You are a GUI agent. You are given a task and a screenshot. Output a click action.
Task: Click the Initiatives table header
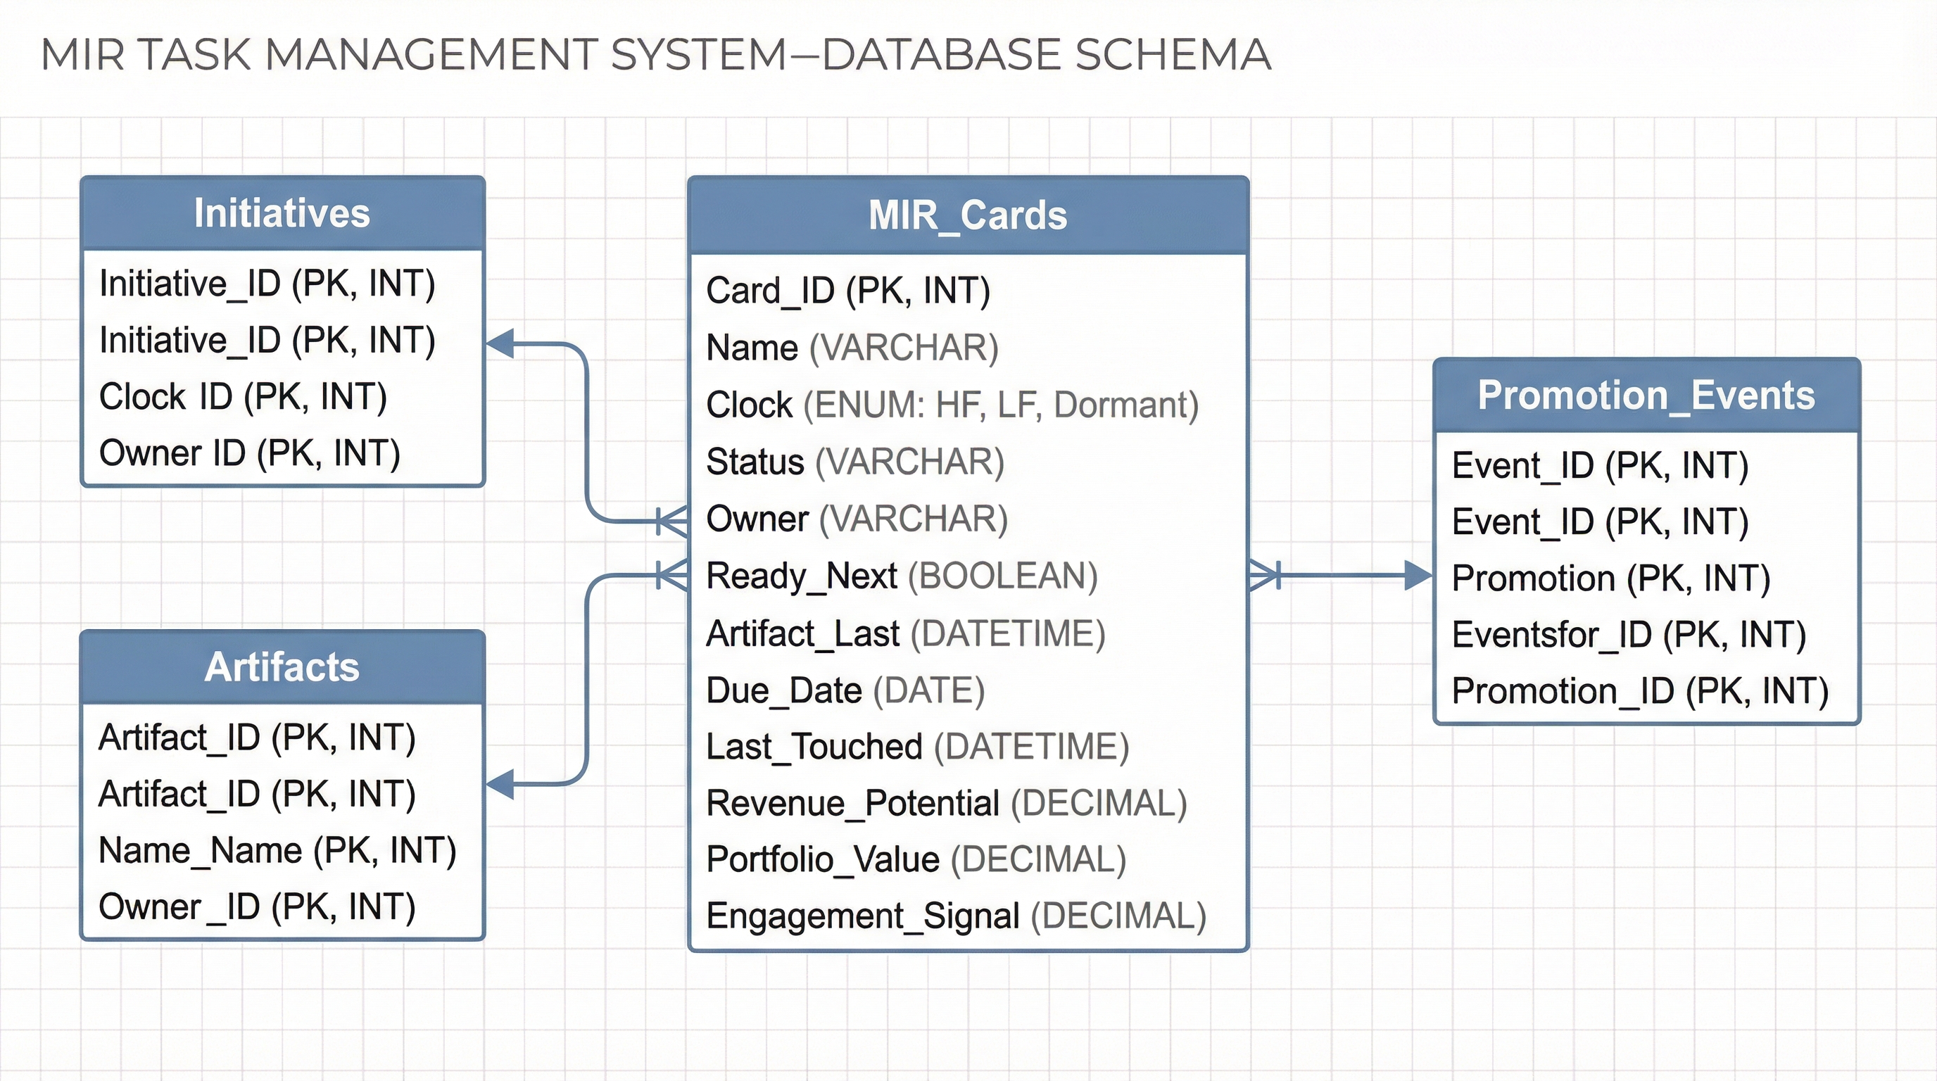pyautogui.click(x=282, y=213)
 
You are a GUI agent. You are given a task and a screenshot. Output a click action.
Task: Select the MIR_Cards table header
pyautogui.click(x=968, y=216)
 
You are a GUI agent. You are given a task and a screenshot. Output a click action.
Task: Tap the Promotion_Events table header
pyautogui.click(x=1646, y=396)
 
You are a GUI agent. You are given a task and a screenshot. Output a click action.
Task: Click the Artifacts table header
pyautogui.click(x=282, y=666)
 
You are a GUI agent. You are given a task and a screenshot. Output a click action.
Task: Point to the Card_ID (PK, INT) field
pyautogui.click(x=847, y=291)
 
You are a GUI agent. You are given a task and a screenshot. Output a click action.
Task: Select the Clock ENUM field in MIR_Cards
pyautogui.click(x=951, y=405)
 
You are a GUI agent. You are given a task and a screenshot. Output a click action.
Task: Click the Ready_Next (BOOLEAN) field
pyautogui.click(x=902, y=576)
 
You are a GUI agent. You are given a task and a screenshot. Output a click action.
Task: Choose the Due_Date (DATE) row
pyautogui.click(x=845, y=691)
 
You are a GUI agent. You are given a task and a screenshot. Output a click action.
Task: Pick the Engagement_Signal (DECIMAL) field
pyautogui.click(x=956, y=916)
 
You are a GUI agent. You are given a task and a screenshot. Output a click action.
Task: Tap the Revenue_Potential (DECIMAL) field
pyautogui.click(x=946, y=804)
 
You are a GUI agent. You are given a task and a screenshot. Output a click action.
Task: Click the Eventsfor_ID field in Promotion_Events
pyautogui.click(x=1629, y=636)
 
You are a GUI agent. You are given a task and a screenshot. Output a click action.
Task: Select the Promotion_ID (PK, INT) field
pyautogui.click(x=1639, y=692)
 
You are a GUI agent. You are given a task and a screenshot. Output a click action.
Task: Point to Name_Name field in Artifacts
pyautogui.click(x=277, y=851)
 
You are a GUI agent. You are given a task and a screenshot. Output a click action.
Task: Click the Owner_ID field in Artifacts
pyautogui.click(x=256, y=907)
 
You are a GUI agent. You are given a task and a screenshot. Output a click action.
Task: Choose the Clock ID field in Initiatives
pyautogui.click(x=243, y=397)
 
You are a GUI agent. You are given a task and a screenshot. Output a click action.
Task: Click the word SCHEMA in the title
pyautogui.click(x=1173, y=55)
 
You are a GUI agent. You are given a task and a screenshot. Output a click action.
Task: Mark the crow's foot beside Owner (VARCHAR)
pyautogui.click(x=672, y=520)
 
